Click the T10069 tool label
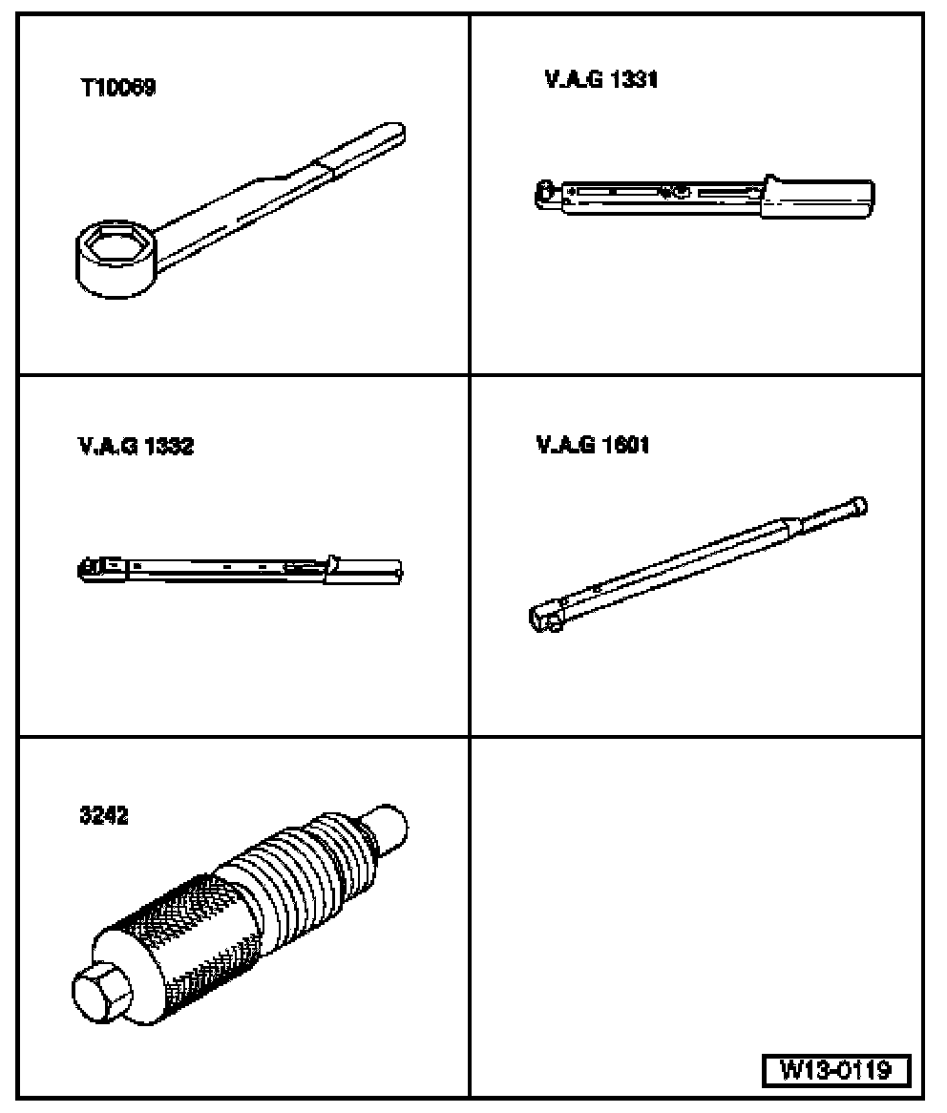click(117, 87)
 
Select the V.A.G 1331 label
click(601, 79)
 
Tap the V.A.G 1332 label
click(136, 446)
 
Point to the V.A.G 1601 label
click(593, 445)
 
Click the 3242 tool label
click(104, 815)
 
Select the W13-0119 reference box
click(835, 1070)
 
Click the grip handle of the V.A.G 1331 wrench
click(818, 198)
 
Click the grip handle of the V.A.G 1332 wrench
click(364, 571)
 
